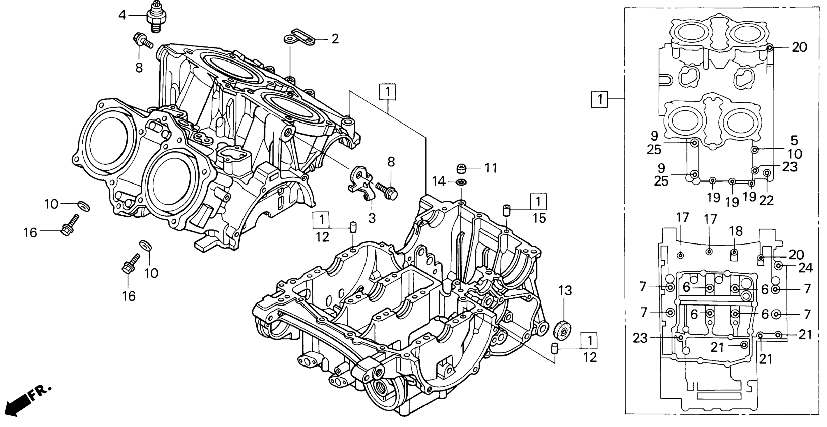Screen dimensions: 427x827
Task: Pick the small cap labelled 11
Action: coord(461,168)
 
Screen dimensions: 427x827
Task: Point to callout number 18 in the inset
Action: coord(736,231)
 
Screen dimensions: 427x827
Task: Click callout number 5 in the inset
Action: coord(794,140)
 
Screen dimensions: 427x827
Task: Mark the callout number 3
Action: coord(372,219)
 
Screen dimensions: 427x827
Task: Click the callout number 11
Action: coord(490,168)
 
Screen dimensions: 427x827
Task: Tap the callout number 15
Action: coord(539,219)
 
